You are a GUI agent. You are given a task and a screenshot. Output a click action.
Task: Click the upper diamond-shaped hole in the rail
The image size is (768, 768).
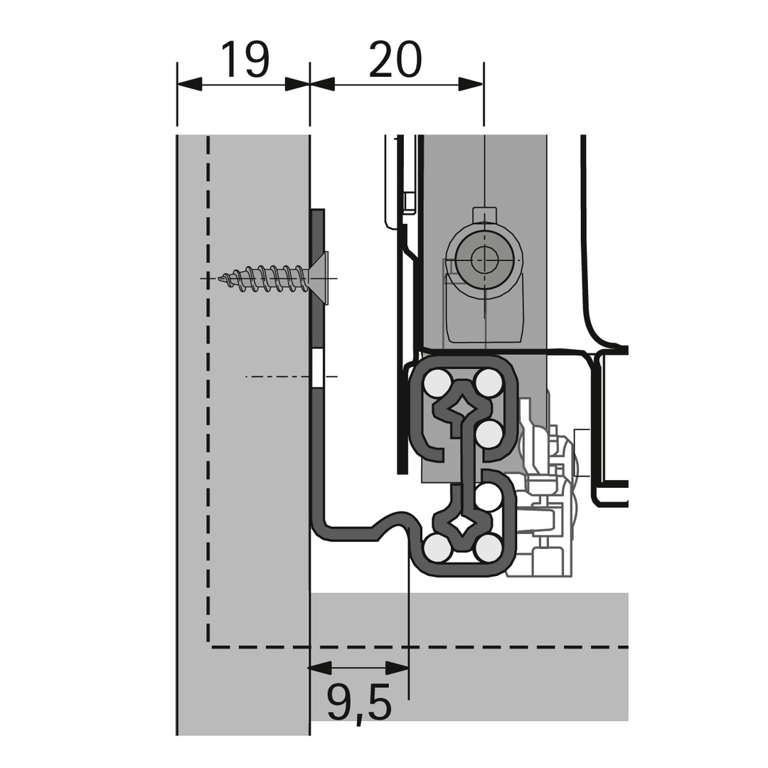462,406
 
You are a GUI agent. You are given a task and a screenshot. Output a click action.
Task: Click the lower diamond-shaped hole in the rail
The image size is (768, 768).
462,526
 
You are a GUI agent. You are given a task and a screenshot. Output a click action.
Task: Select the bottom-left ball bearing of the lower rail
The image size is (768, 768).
437,548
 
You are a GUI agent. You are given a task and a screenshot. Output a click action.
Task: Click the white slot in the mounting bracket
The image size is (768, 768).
317,368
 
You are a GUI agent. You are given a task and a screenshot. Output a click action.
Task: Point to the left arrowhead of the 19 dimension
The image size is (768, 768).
190,84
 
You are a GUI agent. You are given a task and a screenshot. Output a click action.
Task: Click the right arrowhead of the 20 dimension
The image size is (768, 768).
471,84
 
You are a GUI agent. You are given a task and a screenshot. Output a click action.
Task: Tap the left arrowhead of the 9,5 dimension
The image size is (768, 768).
320,667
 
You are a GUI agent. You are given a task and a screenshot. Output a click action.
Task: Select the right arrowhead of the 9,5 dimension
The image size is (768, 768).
397,667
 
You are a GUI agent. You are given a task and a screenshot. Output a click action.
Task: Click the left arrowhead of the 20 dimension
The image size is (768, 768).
322,84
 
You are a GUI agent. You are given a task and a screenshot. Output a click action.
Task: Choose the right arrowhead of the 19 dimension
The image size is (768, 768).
297,84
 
